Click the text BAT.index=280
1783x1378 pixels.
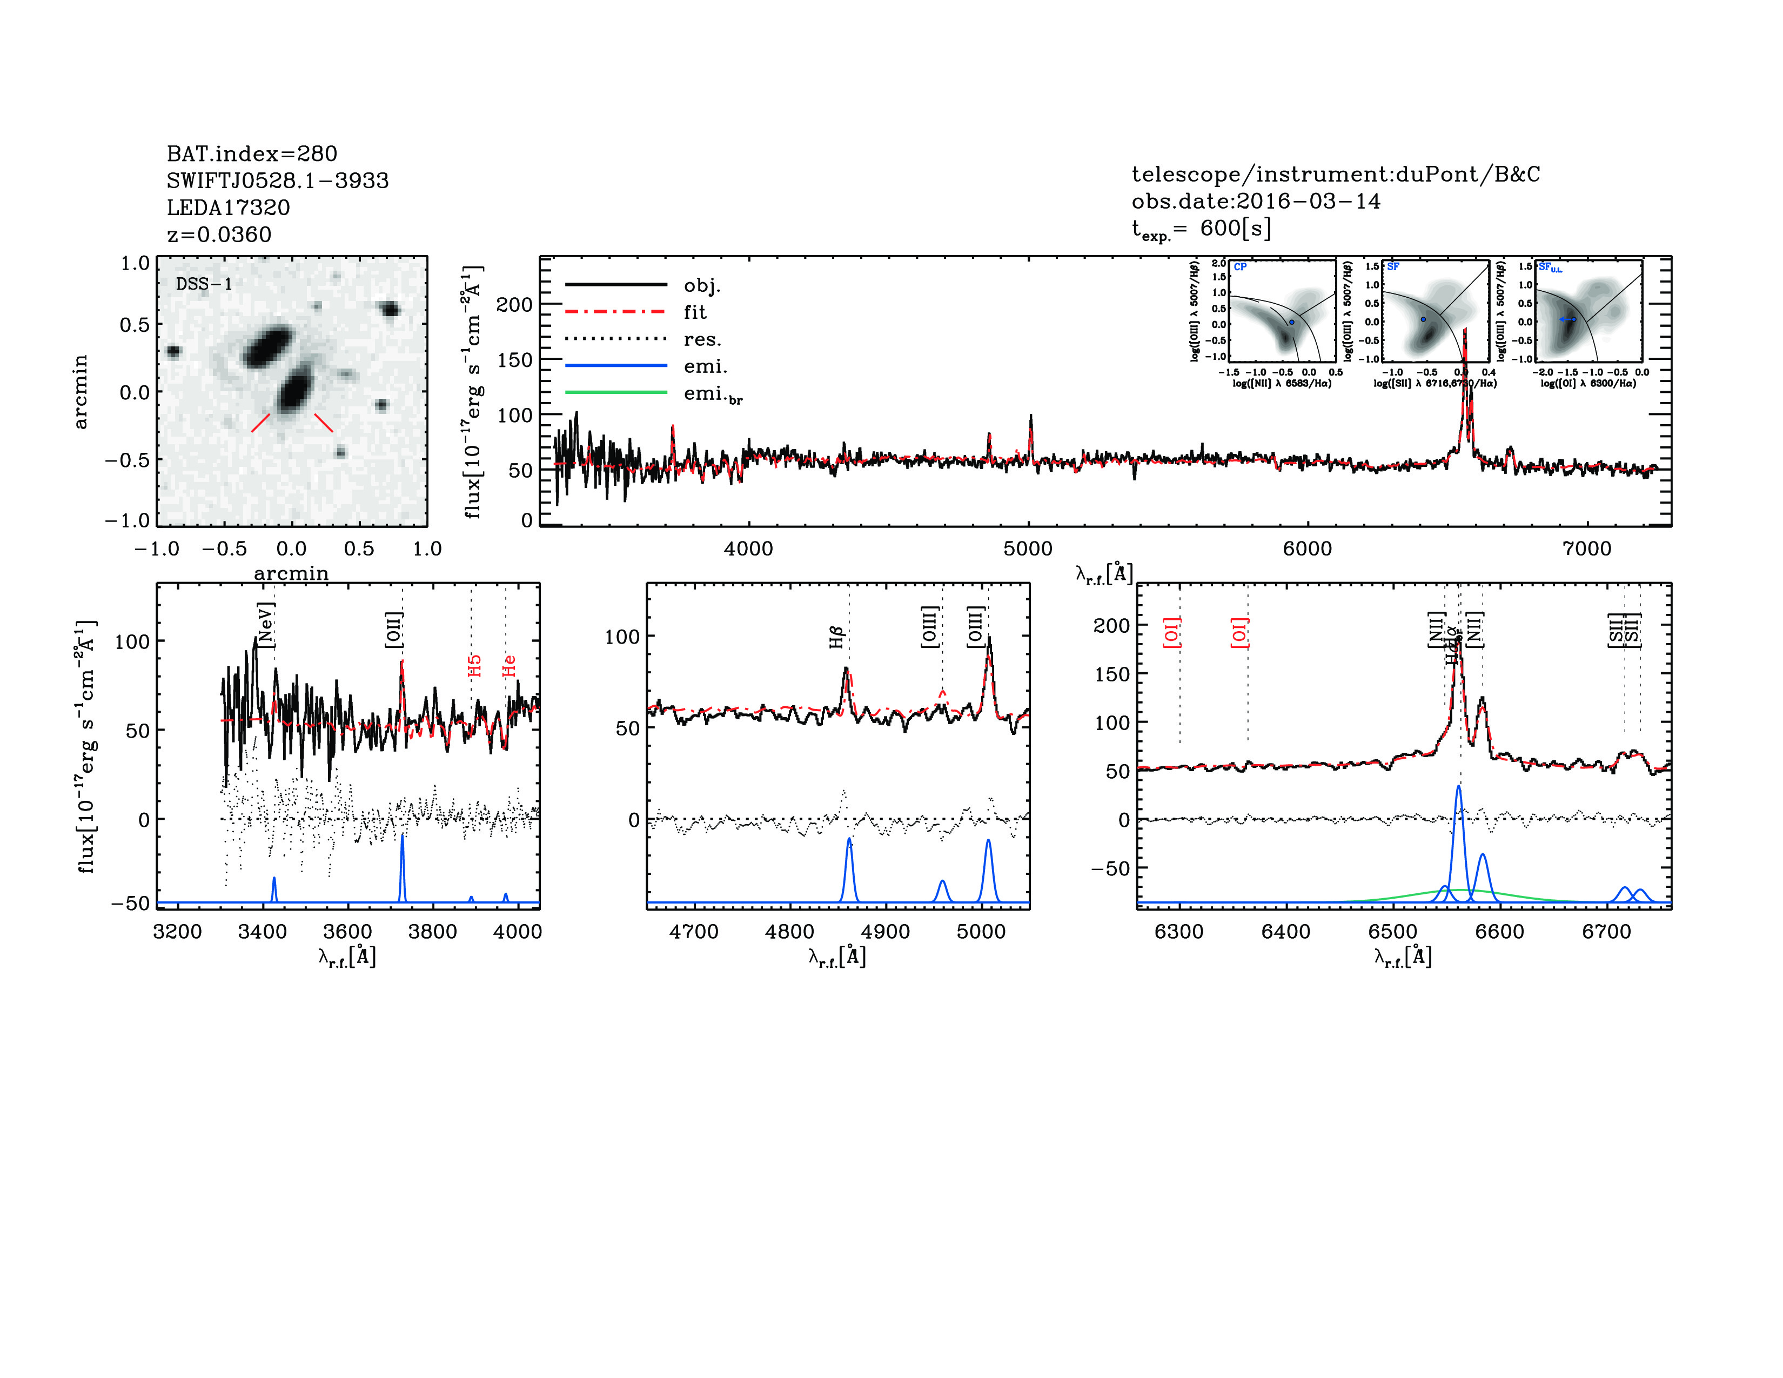251,153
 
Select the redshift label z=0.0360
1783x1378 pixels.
219,235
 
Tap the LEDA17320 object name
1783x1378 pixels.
228,208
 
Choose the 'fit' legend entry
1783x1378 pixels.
695,312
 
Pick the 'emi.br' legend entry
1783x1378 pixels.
713,394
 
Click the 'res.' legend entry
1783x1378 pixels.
701,339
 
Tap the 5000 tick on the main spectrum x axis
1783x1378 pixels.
1028,548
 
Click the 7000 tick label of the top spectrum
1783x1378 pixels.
1586,548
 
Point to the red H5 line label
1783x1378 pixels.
474,665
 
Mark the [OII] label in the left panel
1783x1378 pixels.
393,630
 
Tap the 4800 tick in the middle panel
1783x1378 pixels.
789,932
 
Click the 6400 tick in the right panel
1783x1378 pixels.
1286,932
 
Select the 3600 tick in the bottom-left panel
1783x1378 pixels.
348,932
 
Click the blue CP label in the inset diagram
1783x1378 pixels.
1240,267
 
